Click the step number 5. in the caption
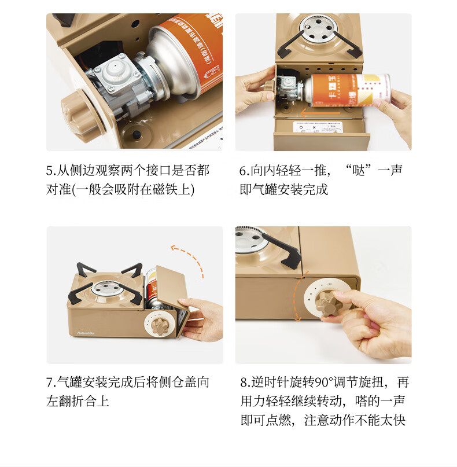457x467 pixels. [x=51, y=171]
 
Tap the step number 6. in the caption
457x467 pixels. [x=245, y=171]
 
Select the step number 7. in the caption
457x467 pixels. [x=51, y=383]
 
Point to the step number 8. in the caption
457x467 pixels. [x=246, y=383]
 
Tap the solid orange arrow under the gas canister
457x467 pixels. [x=320, y=113]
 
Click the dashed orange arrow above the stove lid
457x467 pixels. [x=189, y=259]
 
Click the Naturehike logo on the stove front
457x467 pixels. [x=86, y=333]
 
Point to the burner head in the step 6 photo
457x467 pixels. [x=318, y=28]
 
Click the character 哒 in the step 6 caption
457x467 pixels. [x=359, y=171]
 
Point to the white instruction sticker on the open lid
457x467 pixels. [x=317, y=127]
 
